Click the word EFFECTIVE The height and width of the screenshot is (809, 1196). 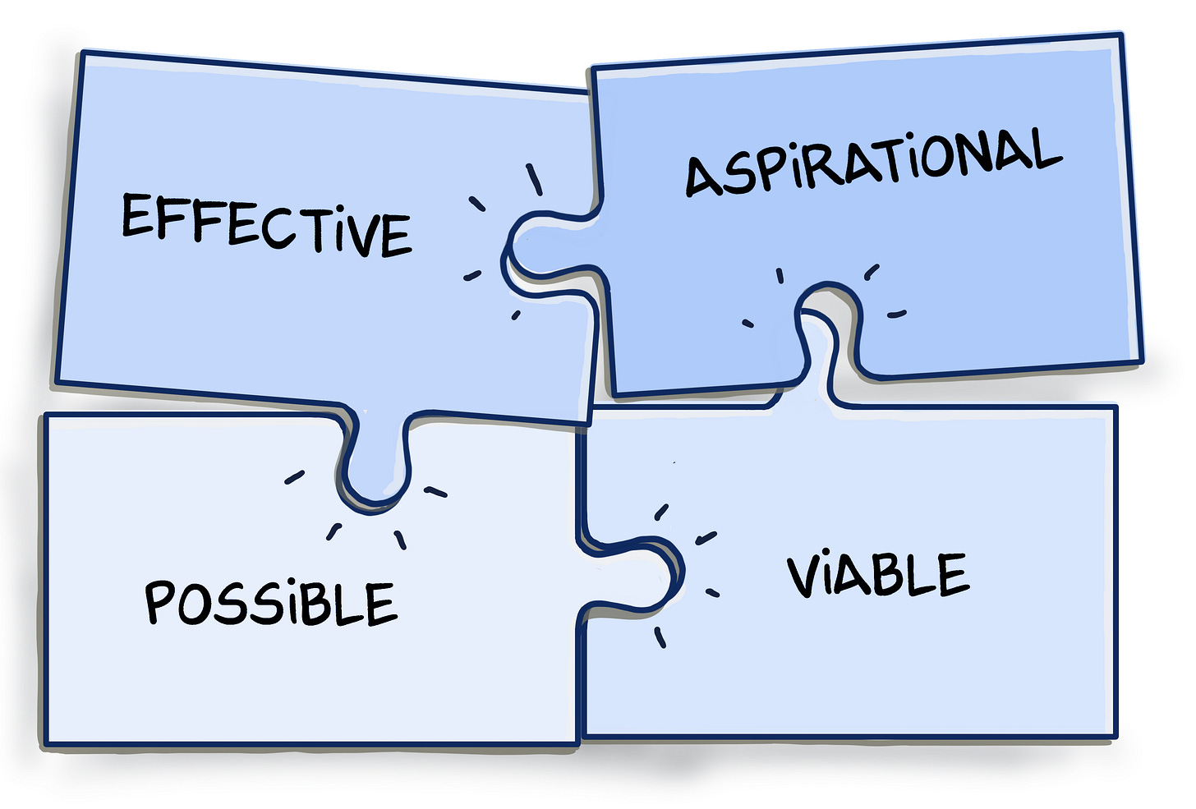(267, 224)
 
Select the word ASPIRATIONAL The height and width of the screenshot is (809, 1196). (873, 163)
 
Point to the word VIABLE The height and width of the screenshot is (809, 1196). (877, 574)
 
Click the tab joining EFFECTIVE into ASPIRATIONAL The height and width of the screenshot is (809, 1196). (542, 246)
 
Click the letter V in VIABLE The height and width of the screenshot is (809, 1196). (805, 577)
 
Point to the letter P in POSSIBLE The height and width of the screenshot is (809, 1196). (161, 601)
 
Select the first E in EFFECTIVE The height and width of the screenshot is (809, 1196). (137, 215)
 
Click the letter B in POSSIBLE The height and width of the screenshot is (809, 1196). (321, 604)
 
